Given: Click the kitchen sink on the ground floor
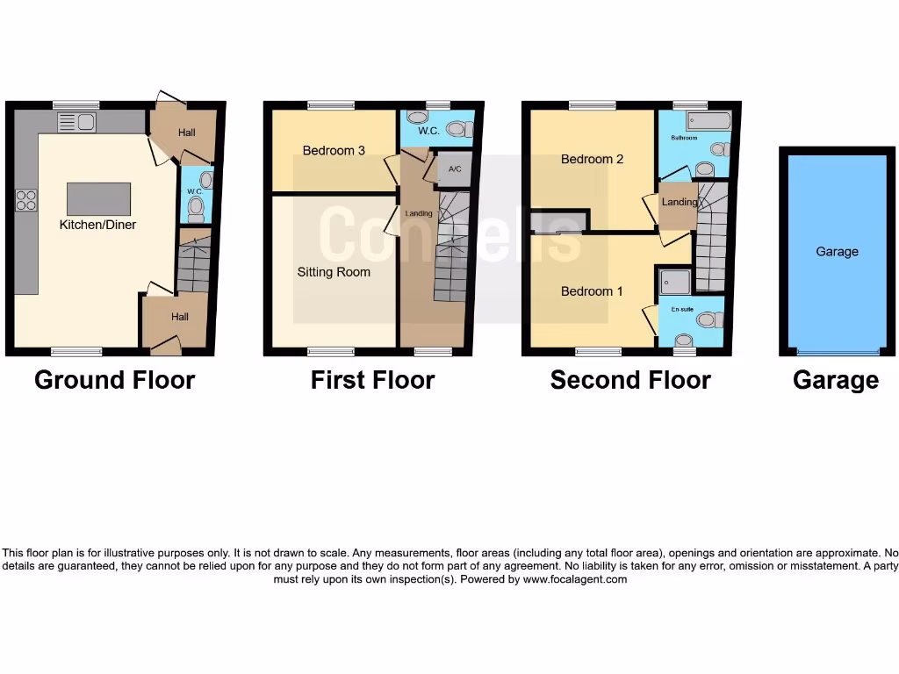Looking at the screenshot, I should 77,122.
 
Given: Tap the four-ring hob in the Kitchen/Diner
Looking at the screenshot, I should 25,200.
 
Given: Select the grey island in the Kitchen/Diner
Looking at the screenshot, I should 98,198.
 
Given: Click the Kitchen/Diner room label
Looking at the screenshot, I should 97,225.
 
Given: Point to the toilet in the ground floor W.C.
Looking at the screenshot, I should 197,207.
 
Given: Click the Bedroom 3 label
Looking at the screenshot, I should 334,151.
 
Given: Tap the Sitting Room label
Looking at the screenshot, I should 334,272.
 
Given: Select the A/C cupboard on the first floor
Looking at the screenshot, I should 455,170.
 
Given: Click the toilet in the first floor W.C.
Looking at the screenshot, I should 457,129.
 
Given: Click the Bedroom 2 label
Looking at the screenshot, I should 592,160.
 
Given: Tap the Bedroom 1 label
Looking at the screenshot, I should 592,291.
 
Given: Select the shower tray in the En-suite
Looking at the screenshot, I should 676,281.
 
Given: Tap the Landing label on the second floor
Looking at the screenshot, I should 679,202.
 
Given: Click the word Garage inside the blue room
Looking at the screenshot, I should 837,252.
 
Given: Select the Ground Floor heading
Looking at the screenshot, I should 114,380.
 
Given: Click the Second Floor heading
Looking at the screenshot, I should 630,380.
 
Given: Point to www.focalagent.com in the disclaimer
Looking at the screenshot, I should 575,579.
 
